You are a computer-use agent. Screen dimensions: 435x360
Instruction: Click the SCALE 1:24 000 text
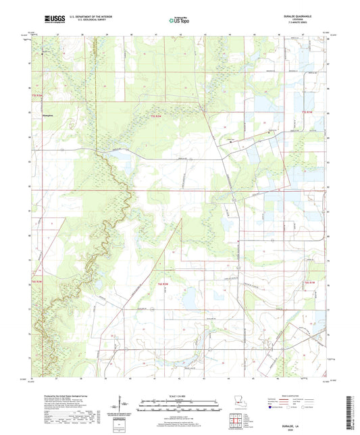pyautogui.click(x=180, y=396)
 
